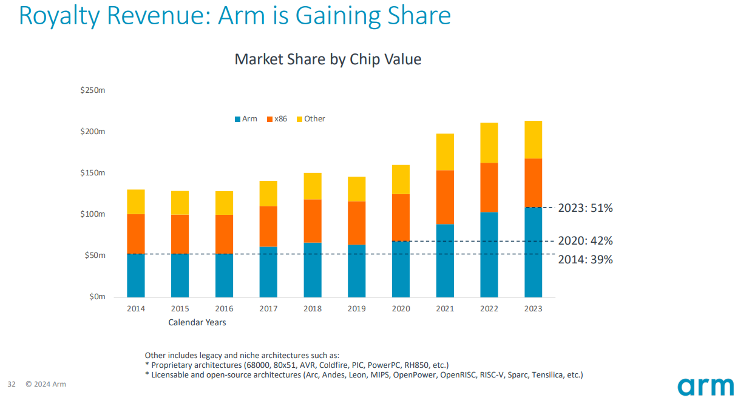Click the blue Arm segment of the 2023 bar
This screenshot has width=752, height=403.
[533, 252]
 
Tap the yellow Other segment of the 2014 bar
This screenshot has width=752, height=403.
[136, 201]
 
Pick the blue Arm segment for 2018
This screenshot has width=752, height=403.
[313, 269]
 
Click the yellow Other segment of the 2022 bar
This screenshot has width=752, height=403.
[489, 143]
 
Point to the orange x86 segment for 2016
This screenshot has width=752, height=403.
[224, 234]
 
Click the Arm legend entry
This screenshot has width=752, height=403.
[246, 119]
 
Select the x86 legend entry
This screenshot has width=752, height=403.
[277, 119]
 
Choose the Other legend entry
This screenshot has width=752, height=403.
[311, 119]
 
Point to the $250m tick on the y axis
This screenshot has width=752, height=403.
[93, 90]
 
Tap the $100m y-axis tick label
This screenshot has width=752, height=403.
[93, 214]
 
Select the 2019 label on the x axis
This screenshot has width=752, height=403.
[357, 308]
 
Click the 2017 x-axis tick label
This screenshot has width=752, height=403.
[268, 308]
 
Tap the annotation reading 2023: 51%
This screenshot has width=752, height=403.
[585, 208]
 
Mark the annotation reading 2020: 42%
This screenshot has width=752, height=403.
[585, 241]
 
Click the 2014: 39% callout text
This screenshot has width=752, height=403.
[585, 260]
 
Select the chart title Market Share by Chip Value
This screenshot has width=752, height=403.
[328, 59]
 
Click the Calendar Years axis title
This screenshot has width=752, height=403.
[197, 322]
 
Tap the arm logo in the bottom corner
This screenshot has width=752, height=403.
[706, 386]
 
